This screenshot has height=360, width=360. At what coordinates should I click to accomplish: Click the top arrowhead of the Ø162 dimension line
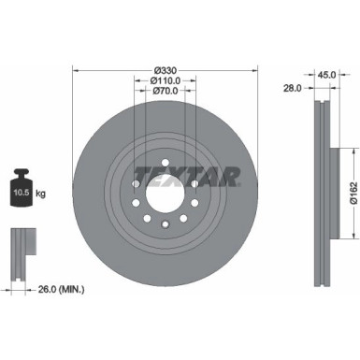(338, 147)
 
